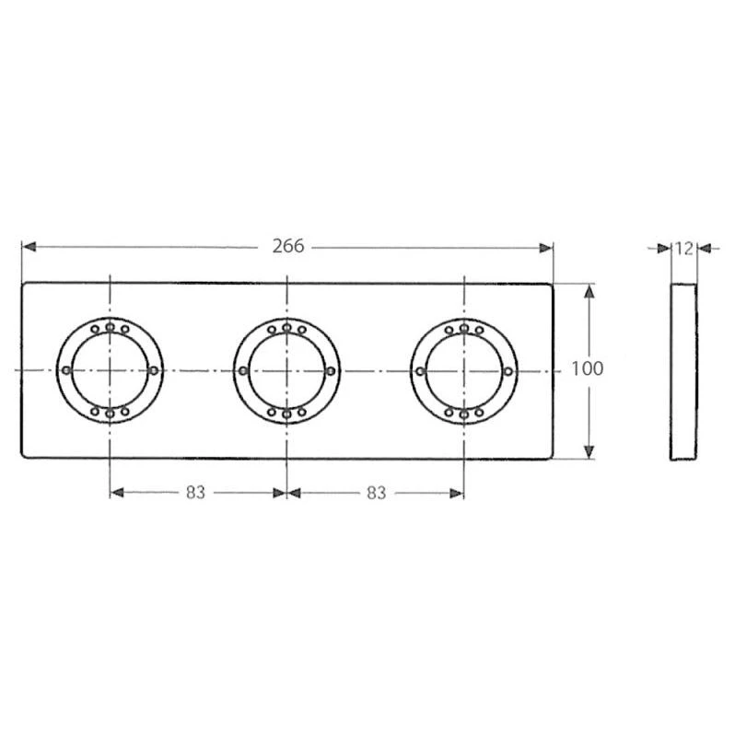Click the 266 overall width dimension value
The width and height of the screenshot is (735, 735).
coord(288,247)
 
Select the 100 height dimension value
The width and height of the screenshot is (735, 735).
coord(587,369)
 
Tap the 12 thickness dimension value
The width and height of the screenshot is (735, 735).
coord(682,248)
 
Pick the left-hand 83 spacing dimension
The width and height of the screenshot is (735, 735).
coord(194,493)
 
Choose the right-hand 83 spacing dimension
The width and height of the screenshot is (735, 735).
coord(375,493)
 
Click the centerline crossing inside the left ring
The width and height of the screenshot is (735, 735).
coord(110,370)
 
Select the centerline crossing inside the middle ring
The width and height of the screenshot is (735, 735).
coord(287,370)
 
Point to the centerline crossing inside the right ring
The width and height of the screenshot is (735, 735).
coord(463,370)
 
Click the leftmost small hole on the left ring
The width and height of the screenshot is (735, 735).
coord(65,370)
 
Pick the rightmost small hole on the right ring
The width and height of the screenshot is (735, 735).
coord(507,370)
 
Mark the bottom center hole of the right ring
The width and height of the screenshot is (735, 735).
coord(463,414)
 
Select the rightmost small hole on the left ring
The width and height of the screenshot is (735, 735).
coord(153,370)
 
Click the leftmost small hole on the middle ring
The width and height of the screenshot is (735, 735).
coord(243,370)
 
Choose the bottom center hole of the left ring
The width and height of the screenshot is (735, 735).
coord(110,414)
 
